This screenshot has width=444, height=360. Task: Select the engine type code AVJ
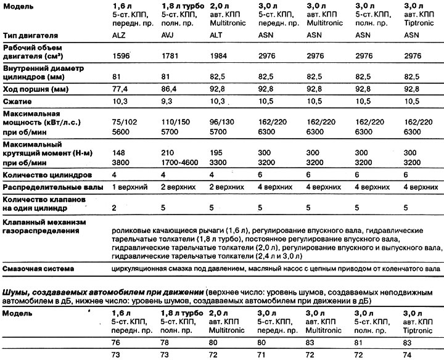(169, 36)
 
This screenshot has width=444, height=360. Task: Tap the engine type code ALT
(218, 36)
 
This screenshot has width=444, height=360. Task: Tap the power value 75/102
(123, 122)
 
